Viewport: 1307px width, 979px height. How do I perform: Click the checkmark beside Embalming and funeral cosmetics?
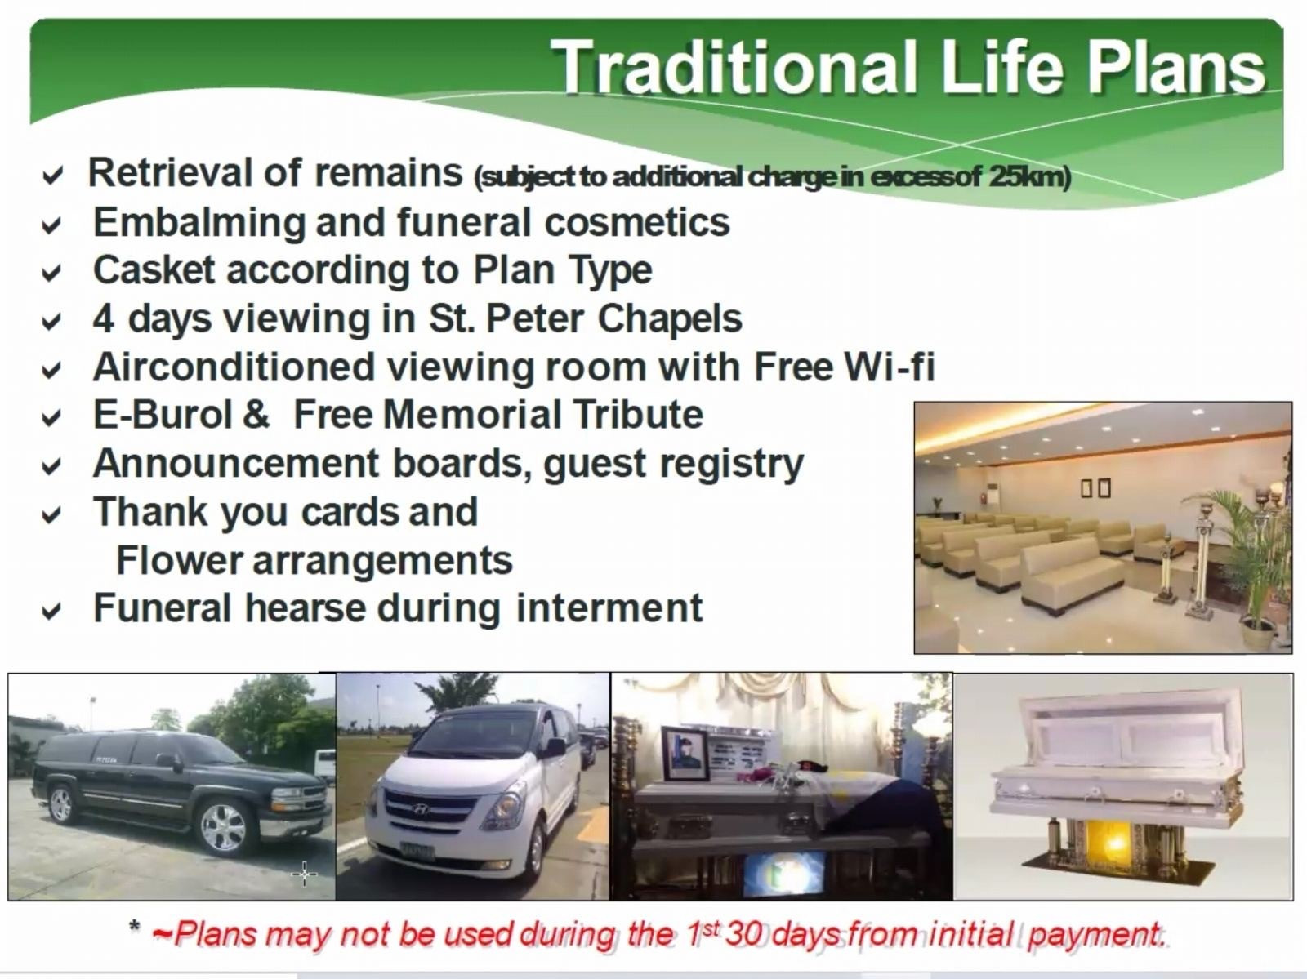(x=51, y=225)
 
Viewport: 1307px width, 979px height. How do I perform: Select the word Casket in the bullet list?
(x=154, y=270)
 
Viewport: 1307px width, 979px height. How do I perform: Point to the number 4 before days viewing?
(x=103, y=318)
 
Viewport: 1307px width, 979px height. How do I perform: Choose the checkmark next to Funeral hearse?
(x=51, y=612)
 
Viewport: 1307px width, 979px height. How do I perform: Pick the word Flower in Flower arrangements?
(x=179, y=560)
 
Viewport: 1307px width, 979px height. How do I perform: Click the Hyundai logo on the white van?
(x=421, y=809)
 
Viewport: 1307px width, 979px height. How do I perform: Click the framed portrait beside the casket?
(x=685, y=754)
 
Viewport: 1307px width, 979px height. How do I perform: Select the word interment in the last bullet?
(x=609, y=607)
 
